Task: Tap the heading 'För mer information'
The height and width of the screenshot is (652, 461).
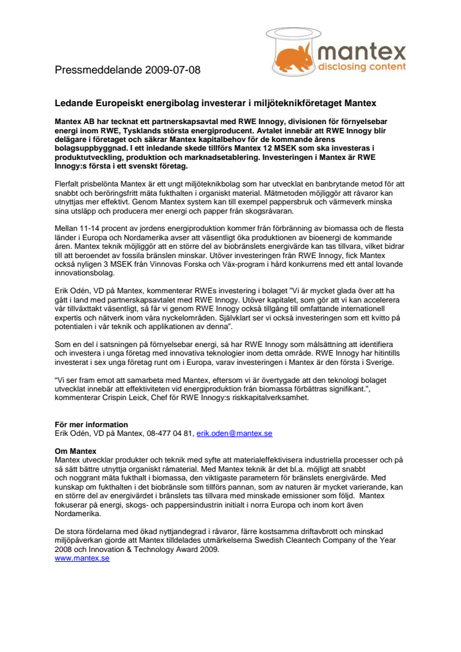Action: pos(91,425)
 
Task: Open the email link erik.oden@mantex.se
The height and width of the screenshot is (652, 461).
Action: pos(234,433)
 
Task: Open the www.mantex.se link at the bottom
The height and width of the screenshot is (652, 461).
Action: pos(82,558)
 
